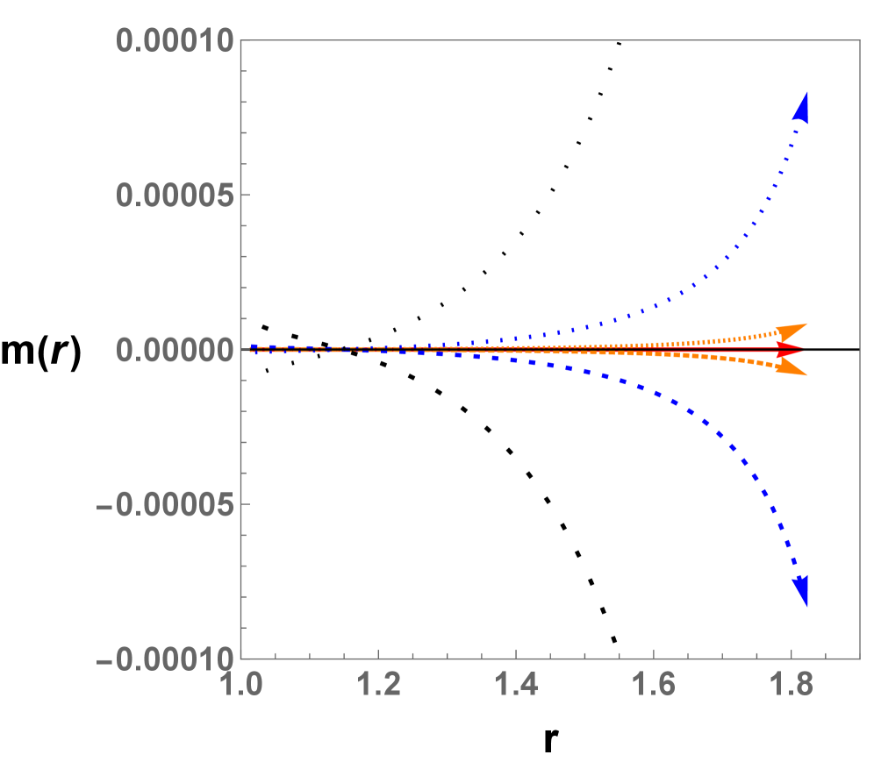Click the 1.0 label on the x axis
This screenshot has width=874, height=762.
tap(240, 685)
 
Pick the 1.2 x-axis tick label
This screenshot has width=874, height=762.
tap(377, 685)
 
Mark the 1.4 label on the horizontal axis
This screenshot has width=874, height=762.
tap(516, 685)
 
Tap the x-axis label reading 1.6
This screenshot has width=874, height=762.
tap(654, 685)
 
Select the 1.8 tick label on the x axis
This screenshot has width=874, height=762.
tap(792, 685)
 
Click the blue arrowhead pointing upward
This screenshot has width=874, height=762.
tap(801, 106)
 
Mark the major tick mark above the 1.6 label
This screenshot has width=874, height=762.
tap(654, 652)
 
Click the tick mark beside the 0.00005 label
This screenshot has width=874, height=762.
tap(247, 195)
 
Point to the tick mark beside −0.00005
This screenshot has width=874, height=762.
tap(247, 504)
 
